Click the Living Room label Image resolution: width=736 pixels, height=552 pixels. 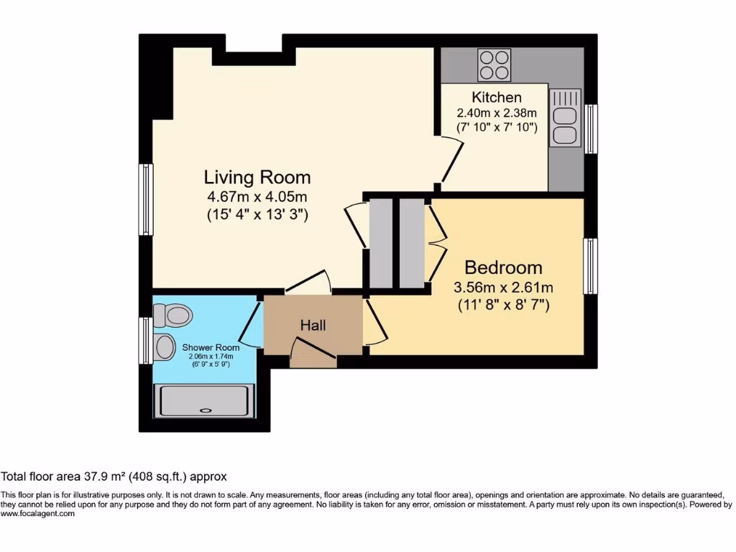pyautogui.click(x=257, y=177)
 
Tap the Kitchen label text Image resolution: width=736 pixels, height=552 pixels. pyautogui.click(x=497, y=97)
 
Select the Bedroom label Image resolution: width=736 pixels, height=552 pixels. pyautogui.click(x=503, y=268)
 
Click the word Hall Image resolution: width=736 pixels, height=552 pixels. pyautogui.click(x=313, y=326)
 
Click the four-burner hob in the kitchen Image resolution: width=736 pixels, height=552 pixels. pyautogui.click(x=494, y=65)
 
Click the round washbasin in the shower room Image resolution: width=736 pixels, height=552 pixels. pyautogui.click(x=165, y=347)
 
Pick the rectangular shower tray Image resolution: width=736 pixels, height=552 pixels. pyautogui.click(x=206, y=402)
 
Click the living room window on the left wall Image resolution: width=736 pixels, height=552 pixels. pyautogui.click(x=146, y=200)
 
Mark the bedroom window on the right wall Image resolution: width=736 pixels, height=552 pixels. pyautogui.click(x=590, y=267)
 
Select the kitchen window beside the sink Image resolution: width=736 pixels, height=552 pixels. pyautogui.click(x=591, y=129)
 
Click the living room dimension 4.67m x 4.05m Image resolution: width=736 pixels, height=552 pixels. pyautogui.click(x=257, y=196)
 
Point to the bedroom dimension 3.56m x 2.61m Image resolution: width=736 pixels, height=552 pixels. pyautogui.click(x=503, y=287)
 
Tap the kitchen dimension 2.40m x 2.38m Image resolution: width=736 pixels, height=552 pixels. pyautogui.click(x=497, y=113)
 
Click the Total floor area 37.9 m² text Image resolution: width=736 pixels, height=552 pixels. pyautogui.click(x=114, y=476)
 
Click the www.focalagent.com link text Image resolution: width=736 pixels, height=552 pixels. pyautogui.click(x=37, y=514)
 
